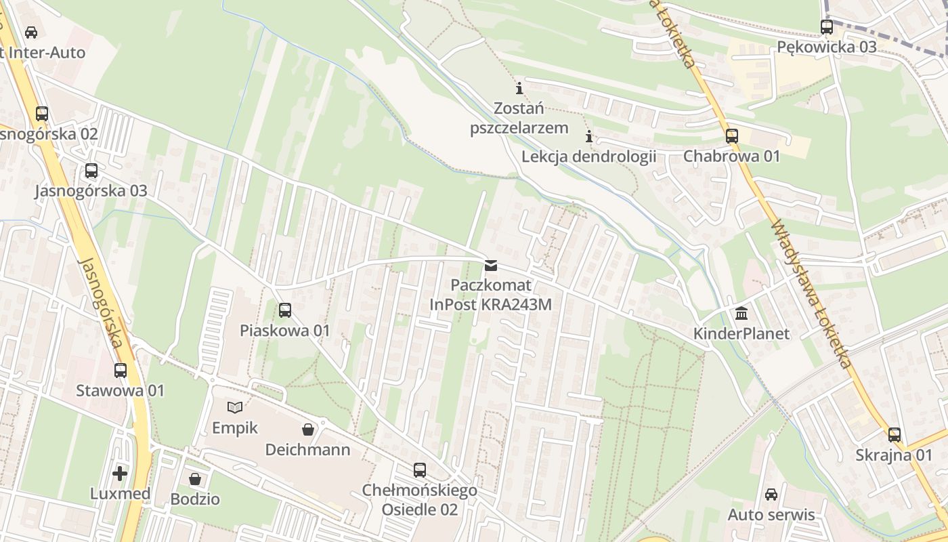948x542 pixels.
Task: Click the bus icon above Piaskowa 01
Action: [285, 310]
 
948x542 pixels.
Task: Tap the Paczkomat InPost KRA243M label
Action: [491, 295]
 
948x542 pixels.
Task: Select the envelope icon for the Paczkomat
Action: [491, 266]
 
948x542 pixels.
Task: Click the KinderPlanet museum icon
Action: [741, 314]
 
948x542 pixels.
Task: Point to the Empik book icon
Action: [235, 407]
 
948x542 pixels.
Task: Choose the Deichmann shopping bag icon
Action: [308, 429]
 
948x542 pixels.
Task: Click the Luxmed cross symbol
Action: [120, 473]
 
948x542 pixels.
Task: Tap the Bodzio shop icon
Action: [195, 479]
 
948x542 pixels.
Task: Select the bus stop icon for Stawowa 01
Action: [121, 371]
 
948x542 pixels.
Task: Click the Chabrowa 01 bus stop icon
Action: [731, 136]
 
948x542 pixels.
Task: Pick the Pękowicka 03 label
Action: [826, 47]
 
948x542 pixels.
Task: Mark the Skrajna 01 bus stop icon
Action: [895, 435]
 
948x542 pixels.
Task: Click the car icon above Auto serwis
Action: [771, 495]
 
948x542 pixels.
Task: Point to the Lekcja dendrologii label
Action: [588, 157]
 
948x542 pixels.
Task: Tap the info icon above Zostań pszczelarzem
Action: [519, 88]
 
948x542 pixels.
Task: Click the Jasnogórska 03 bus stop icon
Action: [91, 171]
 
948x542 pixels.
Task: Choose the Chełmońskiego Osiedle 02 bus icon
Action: [420, 470]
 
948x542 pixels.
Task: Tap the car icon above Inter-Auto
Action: [31, 32]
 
